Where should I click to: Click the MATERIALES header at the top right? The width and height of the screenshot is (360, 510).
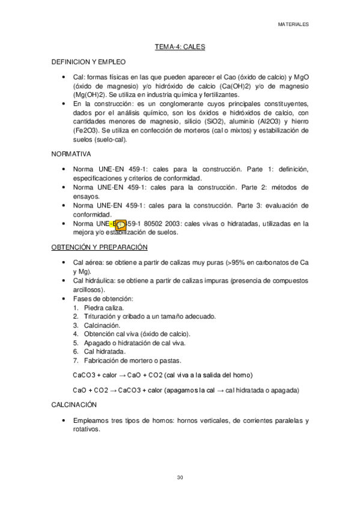click(293, 25)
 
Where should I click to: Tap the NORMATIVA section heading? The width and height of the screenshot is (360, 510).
click(72, 154)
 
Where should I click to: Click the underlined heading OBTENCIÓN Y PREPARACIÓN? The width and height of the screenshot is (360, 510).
click(99, 247)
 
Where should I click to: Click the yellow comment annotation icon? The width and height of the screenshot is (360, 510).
click(120, 226)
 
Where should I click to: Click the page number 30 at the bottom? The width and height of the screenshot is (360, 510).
click(180, 478)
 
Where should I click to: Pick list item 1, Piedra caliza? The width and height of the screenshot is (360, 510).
click(103, 307)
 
